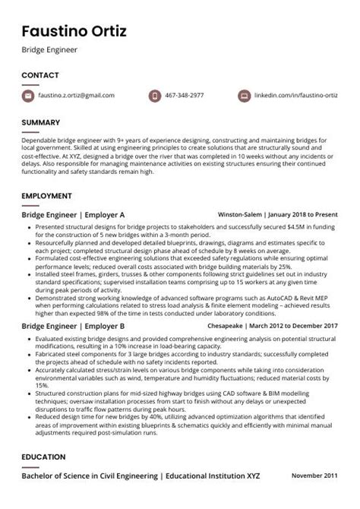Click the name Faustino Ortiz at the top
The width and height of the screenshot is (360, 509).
(x=74, y=31)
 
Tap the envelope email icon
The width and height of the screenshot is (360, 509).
(x=28, y=96)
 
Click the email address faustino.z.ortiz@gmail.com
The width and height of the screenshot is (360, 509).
(x=77, y=96)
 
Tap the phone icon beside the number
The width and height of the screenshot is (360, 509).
(x=155, y=96)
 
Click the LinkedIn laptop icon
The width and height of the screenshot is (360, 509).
(x=244, y=96)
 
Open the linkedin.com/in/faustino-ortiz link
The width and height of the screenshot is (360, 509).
(x=295, y=96)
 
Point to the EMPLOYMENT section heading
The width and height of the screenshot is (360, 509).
(x=46, y=196)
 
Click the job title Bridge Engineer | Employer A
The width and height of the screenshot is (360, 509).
(x=73, y=215)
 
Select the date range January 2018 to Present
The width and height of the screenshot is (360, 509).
(x=301, y=215)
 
